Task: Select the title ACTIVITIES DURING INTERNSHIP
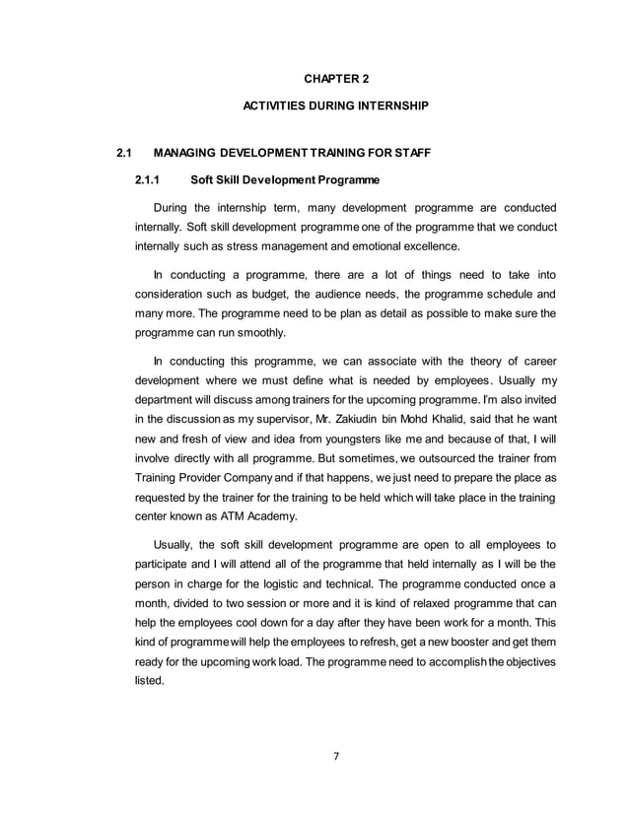point(334,104)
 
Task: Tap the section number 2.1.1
point(149,179)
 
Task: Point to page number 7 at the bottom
point(335,757)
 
